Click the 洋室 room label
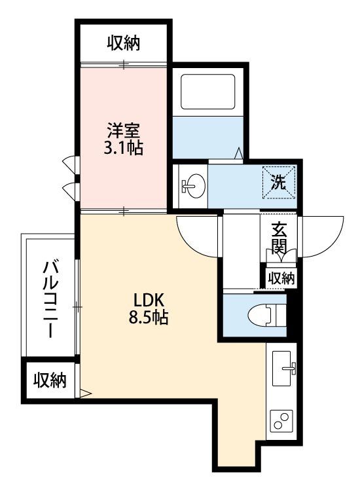coord(123,132)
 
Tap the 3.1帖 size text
coord(123,148)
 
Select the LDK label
coord(149,301)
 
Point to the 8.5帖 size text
coord(149,318)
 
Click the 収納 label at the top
coord(124,44)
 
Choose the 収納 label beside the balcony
coord(50,380)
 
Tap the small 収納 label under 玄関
coord(281,278)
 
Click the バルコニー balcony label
coord(50,300)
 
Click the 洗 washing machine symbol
coord(278,183)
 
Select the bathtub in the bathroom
coord(208,92)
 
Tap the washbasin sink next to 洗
coord(193,185)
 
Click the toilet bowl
coord(266,315)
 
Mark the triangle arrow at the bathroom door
coord(239,153)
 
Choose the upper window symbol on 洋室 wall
coord(70,164)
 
